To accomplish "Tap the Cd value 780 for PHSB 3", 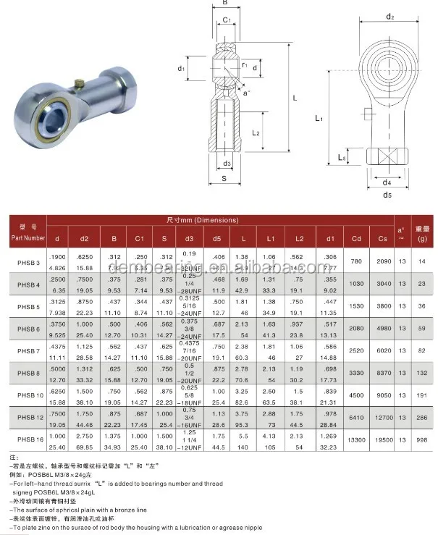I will point(356,261).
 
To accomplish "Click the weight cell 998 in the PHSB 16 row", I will point(422,440).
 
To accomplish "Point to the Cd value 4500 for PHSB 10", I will point(356,395).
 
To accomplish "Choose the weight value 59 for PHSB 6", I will point(422,329).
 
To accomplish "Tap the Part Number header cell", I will point(28,232).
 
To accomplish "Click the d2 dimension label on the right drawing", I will point(389,17).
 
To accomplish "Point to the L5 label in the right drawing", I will point(341,158).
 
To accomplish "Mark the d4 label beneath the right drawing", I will point(387,182).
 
